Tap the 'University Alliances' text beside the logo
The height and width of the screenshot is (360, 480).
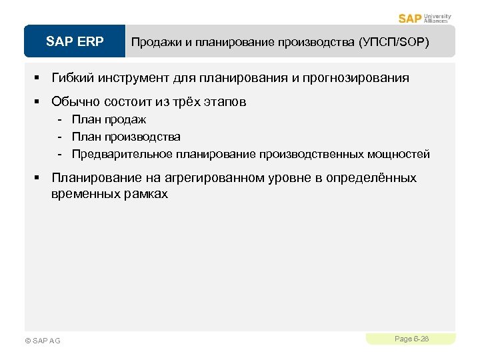tap(437, 18)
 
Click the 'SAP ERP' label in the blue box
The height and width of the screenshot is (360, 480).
tap(75, 42)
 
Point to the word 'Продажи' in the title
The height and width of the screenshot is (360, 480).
tap(156, 42)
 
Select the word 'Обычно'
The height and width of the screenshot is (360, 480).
tap(75, 102)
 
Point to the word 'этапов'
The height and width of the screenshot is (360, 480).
tap(225, 102)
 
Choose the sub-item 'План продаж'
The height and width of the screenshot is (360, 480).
tap(109, 119)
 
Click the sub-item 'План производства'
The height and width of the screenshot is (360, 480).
tap(126, 137)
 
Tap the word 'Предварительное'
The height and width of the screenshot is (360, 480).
tap(123, 154)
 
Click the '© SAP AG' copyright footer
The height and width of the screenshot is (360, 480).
tap(42, 341)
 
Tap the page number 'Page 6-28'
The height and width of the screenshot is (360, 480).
tap(411, 339)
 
